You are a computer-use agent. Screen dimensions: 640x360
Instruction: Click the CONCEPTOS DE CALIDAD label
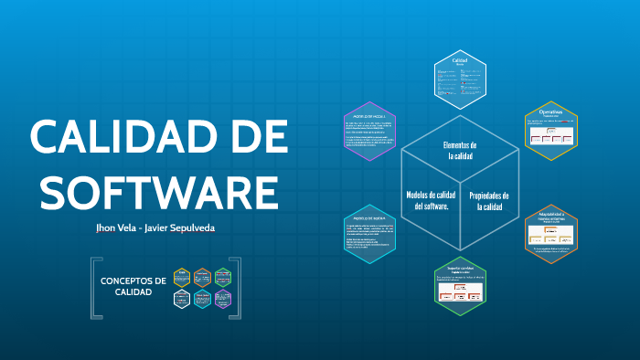(133, 286)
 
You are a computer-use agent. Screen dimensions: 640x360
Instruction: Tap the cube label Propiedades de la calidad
(489, 201)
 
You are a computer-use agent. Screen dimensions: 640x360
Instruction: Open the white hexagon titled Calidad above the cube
(460, 78)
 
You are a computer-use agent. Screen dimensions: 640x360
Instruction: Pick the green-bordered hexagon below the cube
(460, 287)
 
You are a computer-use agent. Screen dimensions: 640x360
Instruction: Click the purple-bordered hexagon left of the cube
(369, 130)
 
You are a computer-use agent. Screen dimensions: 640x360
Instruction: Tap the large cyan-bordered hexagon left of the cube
(369, 234)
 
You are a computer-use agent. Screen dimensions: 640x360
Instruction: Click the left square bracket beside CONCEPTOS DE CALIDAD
(95, 289)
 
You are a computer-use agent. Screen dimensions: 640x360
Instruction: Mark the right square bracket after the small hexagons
(237, 289)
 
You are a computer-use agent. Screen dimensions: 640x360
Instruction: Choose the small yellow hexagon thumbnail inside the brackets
(181, 278)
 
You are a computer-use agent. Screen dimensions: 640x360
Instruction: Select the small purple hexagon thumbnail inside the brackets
(223, 299)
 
